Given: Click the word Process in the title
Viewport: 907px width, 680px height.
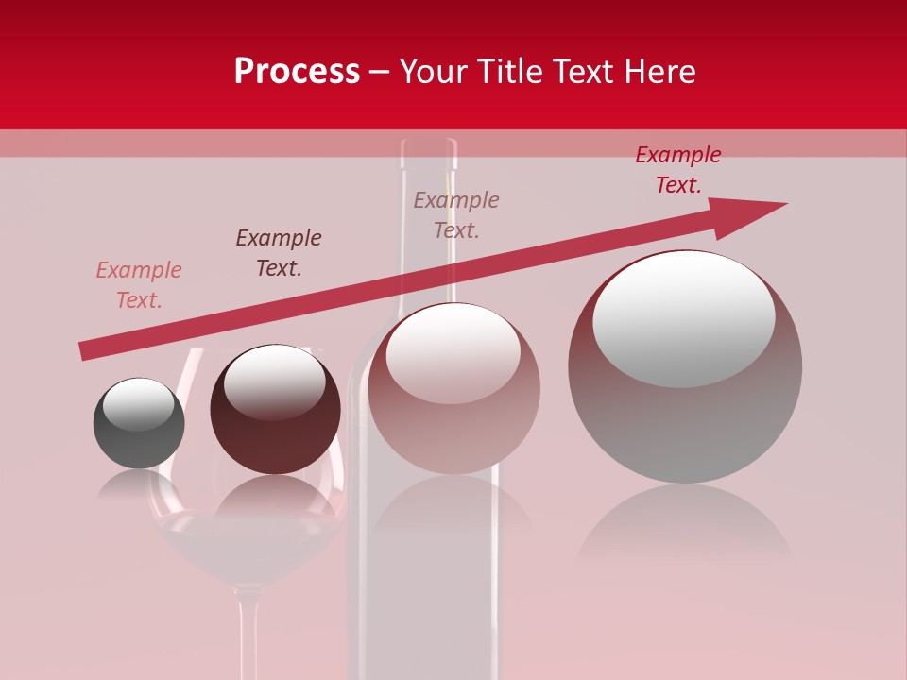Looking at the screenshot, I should tap(297, 72).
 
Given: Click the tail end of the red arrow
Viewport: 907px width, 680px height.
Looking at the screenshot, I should tap(85, 350).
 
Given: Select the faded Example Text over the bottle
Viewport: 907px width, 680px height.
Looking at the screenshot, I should tap(456, 215).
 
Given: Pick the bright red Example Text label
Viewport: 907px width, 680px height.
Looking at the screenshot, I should tap(677, 170).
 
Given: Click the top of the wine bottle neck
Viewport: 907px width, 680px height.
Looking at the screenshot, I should tap(428, 147).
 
